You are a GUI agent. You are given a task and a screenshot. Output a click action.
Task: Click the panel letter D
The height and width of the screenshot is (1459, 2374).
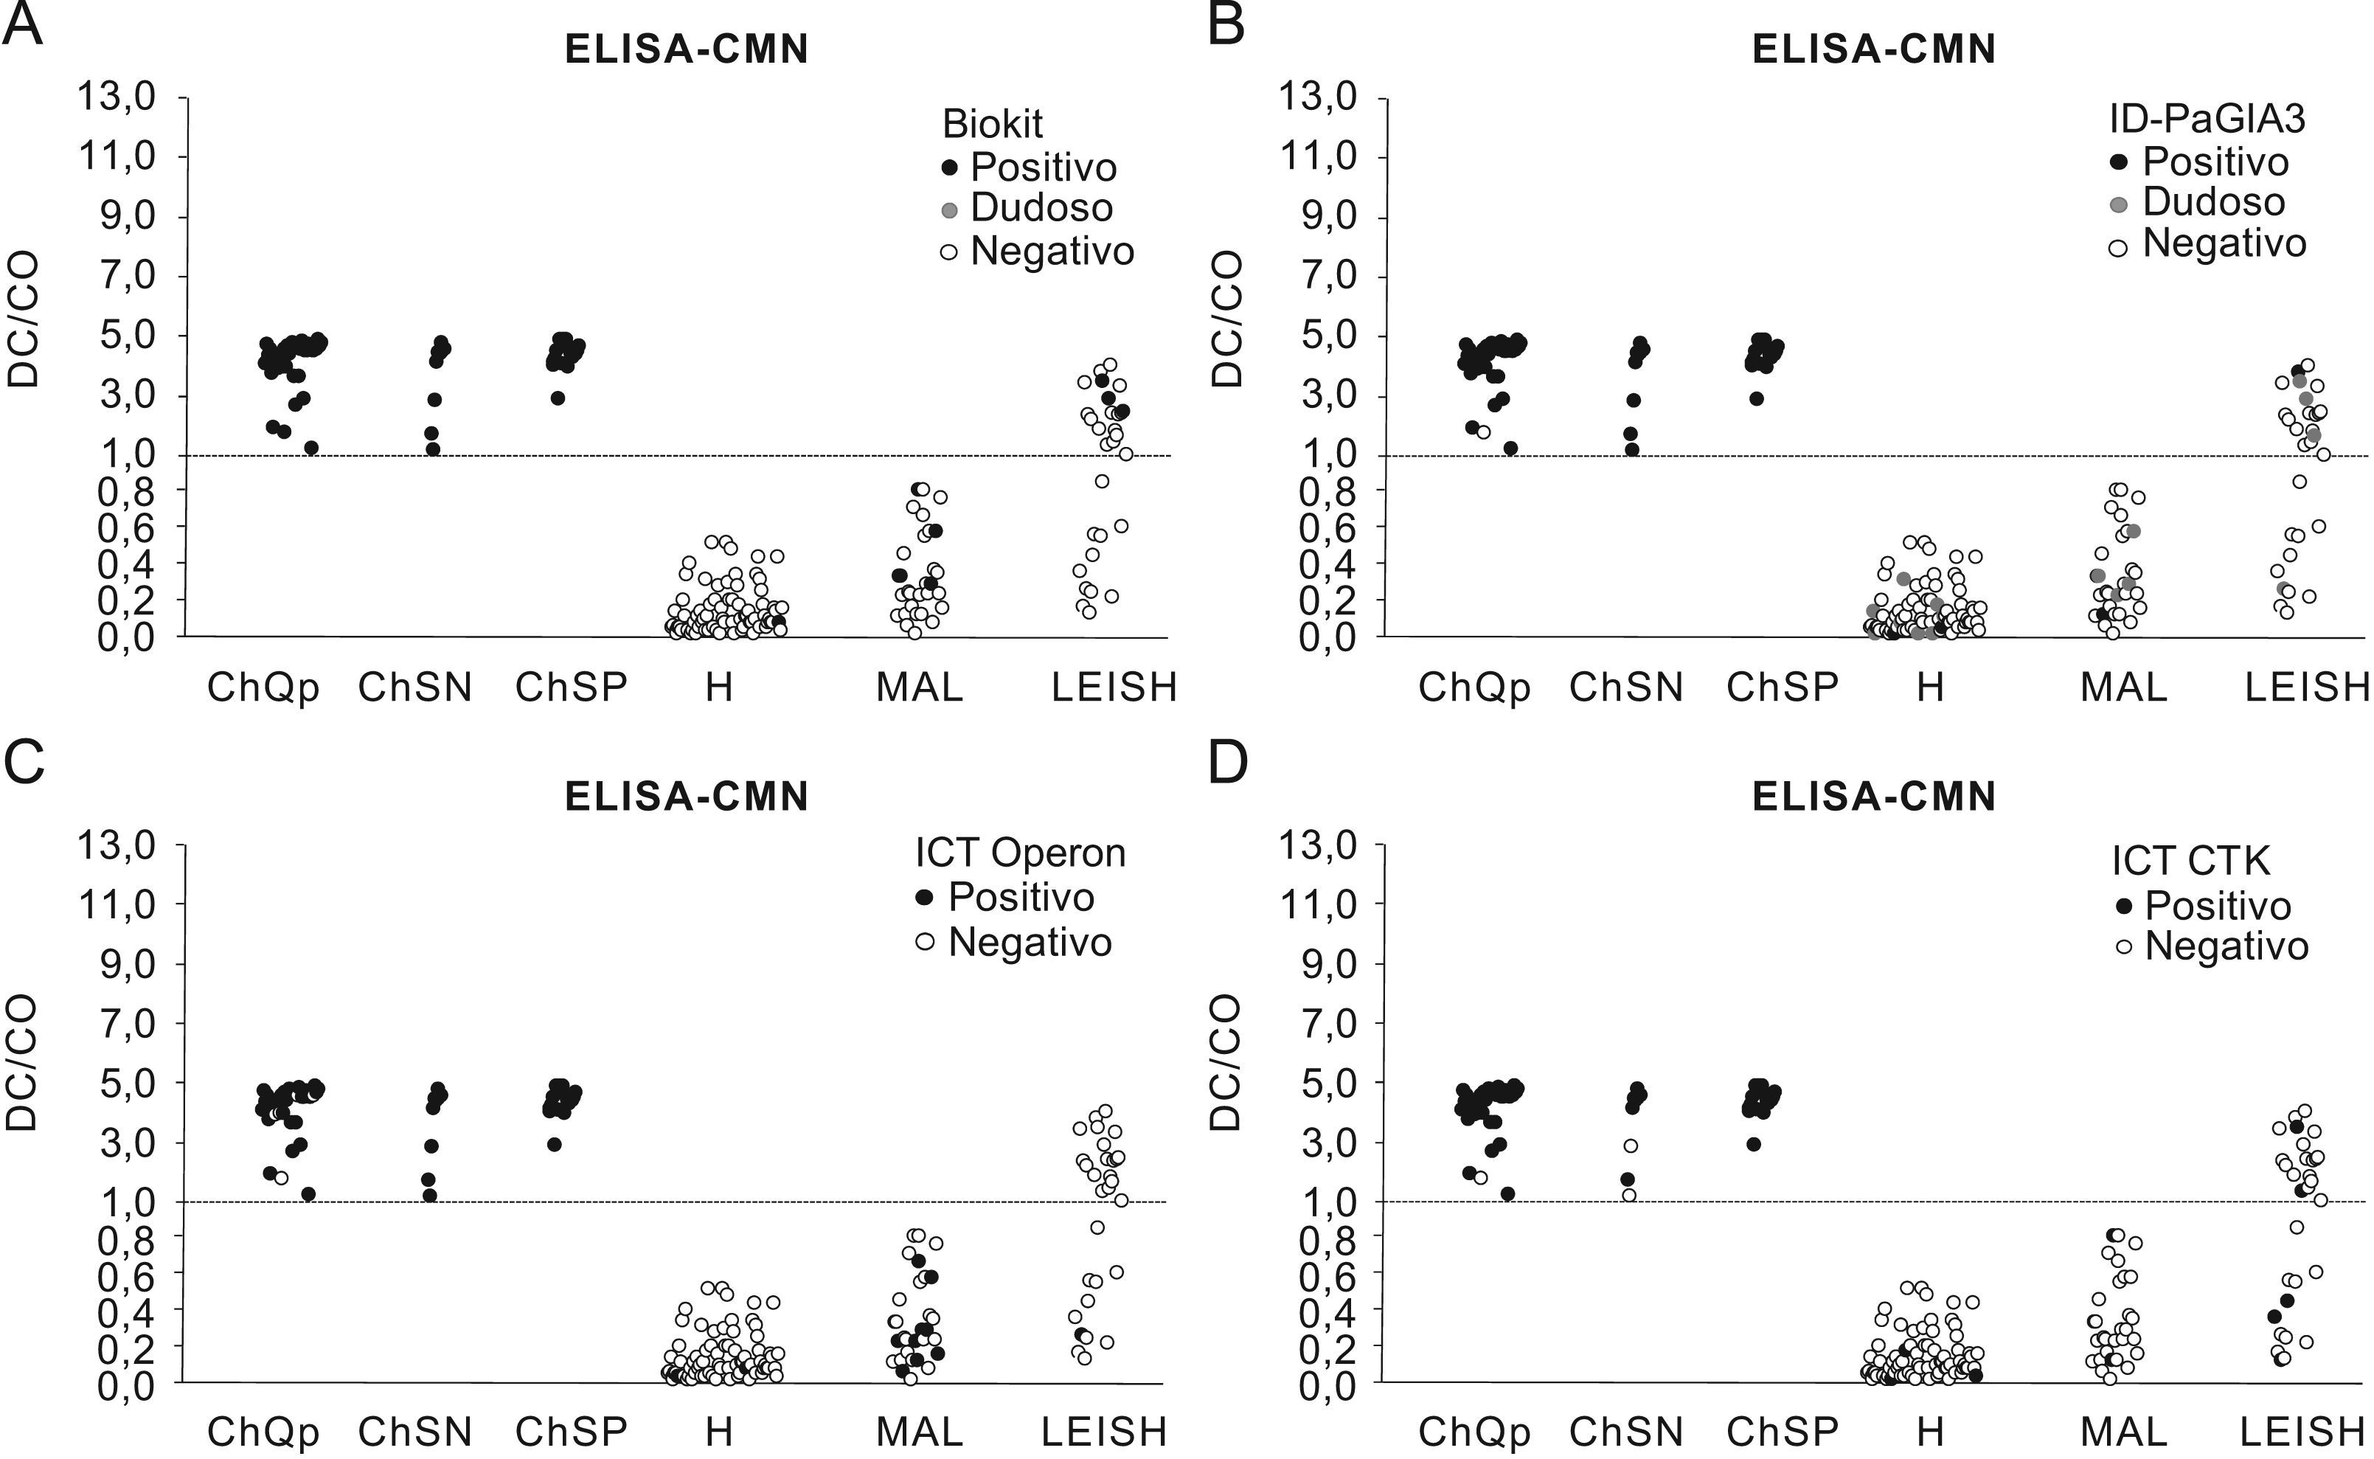(x=1227, y=762)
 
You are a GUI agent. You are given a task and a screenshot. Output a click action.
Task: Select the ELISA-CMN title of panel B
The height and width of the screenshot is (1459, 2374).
(x=1873, y=50)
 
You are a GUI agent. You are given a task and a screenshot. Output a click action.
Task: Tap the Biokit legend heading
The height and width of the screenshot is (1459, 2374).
(x=992, y=125)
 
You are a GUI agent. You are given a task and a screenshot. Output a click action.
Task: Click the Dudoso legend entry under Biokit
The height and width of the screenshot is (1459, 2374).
(x=1041, y=207)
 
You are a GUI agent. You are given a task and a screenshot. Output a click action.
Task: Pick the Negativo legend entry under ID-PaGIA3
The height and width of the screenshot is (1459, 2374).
(x=2224, y=243)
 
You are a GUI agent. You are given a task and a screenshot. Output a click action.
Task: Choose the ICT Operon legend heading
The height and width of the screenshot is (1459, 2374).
(x=1020, y=853)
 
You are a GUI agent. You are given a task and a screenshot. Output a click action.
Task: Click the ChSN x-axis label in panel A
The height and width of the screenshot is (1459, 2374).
(x=414, y=687)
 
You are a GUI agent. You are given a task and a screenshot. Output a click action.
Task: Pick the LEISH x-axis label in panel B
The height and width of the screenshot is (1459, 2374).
(x=2306, y=687)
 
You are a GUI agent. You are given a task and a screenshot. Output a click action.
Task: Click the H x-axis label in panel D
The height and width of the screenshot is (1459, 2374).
(x=1929, y=1432)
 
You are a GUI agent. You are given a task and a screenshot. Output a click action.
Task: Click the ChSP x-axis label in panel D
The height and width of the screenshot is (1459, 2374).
(x=1782, y=1432)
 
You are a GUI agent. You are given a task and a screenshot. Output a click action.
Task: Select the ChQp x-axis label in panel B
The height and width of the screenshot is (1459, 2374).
(x=1474, y=687)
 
